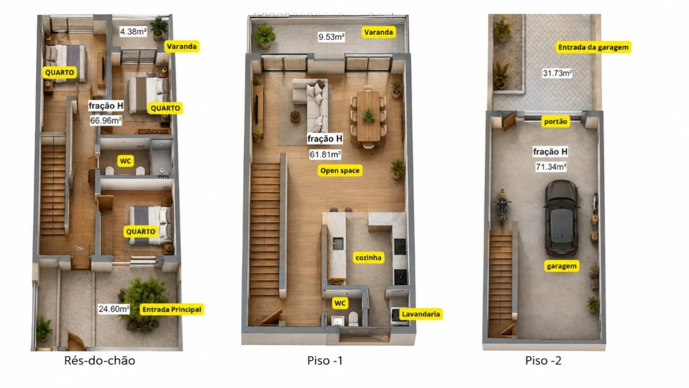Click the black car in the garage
point(561,218)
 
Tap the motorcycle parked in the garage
point(502,206)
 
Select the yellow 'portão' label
point(555,121)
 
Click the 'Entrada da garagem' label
point(594,47)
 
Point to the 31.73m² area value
point(557,73)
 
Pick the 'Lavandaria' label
point(421,314)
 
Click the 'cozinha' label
point(368,258)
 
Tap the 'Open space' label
point(340,171)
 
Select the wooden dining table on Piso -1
point(368,116)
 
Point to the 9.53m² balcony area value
point(331,37)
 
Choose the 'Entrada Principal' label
point(171,309)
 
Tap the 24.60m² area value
point(114,309)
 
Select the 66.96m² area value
point(106,121)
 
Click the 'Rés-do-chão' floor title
point(100,361)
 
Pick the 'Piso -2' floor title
point(543,361)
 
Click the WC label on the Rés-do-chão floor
point(125,161)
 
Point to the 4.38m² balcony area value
point(133,31)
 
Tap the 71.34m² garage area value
point(551,167)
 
